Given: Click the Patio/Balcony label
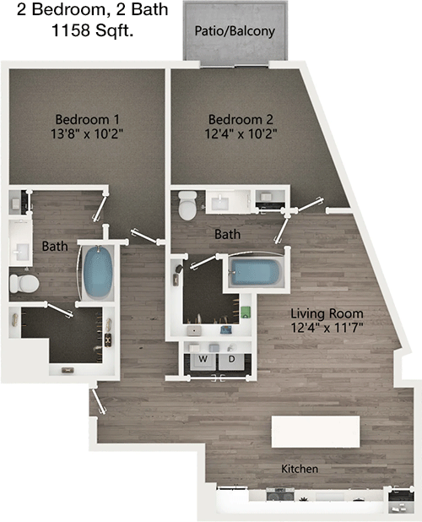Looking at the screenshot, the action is (235, 31).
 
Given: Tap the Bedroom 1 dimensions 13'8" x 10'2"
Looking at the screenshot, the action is (87, 133).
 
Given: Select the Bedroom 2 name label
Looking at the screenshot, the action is (241, 119).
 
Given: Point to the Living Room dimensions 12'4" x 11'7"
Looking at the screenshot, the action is (327, 328).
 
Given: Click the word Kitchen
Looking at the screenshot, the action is (300, 469).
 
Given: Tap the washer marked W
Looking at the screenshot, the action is (203, 361).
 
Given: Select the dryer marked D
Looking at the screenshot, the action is (231, 361).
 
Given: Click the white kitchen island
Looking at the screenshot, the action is (316, 432).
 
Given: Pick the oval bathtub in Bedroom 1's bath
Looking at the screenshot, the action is (97, 272).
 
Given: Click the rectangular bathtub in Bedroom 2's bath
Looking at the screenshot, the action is (256, 272).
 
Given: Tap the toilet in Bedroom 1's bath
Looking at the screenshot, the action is (24, 284).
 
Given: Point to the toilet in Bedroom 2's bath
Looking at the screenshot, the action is (187, 205).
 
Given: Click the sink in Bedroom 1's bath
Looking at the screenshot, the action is (21, 252).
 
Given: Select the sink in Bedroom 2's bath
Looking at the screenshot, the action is (219, 202).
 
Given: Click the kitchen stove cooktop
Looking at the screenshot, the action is (280, 494).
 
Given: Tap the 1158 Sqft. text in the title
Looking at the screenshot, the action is (93, 30).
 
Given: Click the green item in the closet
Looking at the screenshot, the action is (246, 312).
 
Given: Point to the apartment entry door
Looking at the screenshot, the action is (99, 401).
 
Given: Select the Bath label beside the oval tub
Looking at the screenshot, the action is (55, 247).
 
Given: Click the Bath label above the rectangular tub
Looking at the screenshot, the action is (228, 234).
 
